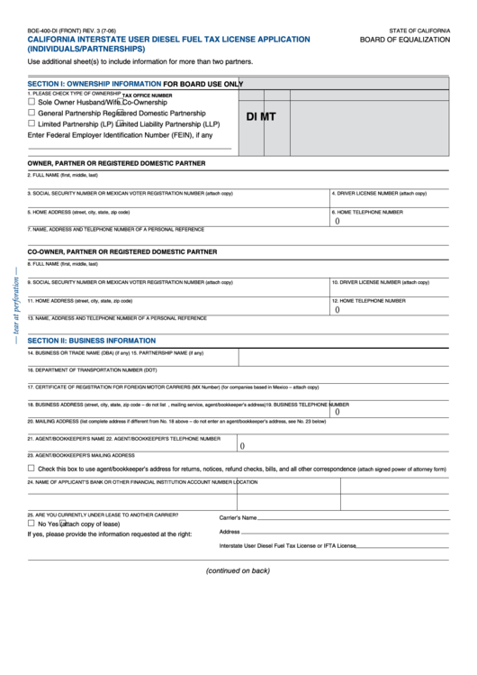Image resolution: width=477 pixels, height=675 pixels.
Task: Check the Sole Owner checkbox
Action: (31, 103)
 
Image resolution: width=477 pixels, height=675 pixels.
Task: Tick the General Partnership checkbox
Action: (31, 114)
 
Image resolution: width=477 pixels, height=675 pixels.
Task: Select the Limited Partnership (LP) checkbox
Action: (31, 124)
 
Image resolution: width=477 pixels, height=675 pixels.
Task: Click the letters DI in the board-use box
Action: (253, 116)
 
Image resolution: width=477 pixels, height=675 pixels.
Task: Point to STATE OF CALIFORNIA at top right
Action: (419, 30)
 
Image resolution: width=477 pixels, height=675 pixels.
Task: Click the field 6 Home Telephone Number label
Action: (368, 212)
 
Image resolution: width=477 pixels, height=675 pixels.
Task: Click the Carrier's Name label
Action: (238, 518)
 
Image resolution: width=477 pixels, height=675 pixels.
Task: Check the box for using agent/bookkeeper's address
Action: (31, 469)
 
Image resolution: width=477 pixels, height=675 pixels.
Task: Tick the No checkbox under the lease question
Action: (31, 523)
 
